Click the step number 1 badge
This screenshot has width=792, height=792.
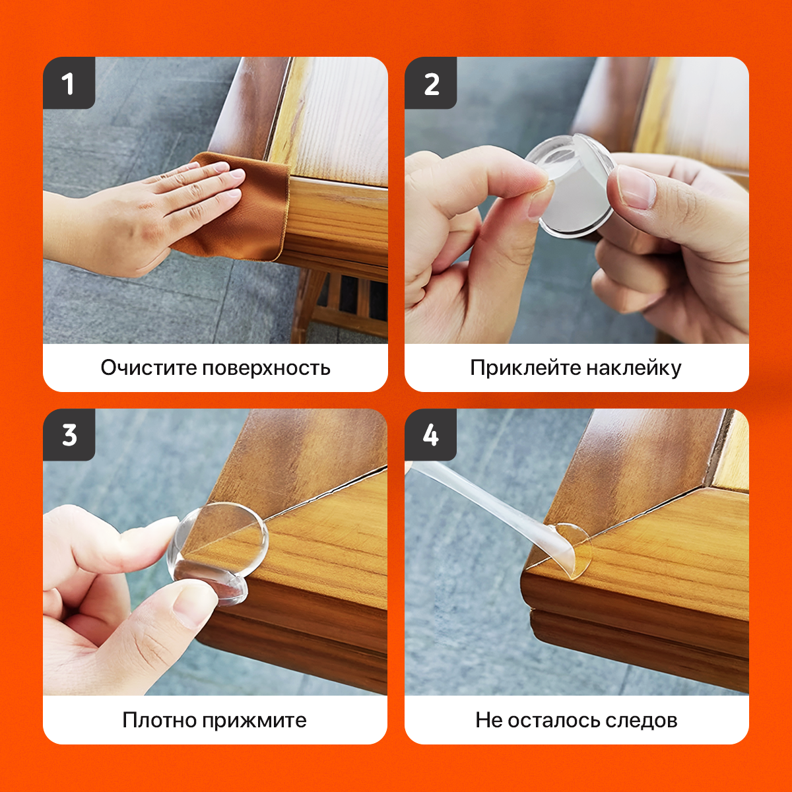pos(69,83)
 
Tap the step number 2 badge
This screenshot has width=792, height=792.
pos(431,83)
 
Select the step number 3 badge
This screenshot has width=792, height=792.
pos(69,435)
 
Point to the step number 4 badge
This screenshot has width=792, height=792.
pos(431,435)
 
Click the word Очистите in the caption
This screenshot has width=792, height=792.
pos(148,368)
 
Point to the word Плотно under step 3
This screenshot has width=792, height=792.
pos(159,721)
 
